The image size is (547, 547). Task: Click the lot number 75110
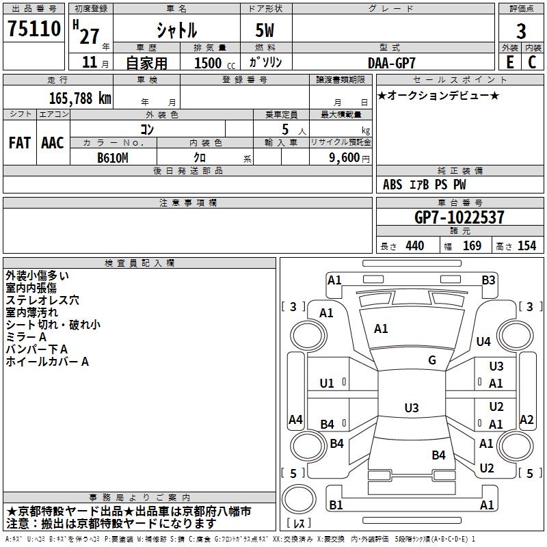point(34,29)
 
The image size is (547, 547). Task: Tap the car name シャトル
point(176,31)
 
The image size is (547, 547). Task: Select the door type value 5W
point(266,31)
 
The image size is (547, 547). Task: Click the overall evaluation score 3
point(521,31)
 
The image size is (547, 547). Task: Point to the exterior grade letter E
point(509,62)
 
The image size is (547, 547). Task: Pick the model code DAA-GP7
point(392,62)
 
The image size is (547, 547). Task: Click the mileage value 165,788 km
point(80,98)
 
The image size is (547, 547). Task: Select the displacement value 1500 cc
point(213,63)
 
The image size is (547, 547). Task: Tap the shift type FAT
point(20,143)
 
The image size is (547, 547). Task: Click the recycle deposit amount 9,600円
point(349,157)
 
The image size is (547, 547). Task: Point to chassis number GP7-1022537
point(459,217)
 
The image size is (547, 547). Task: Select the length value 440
point(414,246)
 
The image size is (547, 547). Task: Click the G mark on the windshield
point(432,360)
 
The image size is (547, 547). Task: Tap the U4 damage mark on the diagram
point(483,341)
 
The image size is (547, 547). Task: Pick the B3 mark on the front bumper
point(488,280)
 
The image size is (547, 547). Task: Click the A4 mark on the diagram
point(295,419)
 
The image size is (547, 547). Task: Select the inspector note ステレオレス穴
point(42,299)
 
